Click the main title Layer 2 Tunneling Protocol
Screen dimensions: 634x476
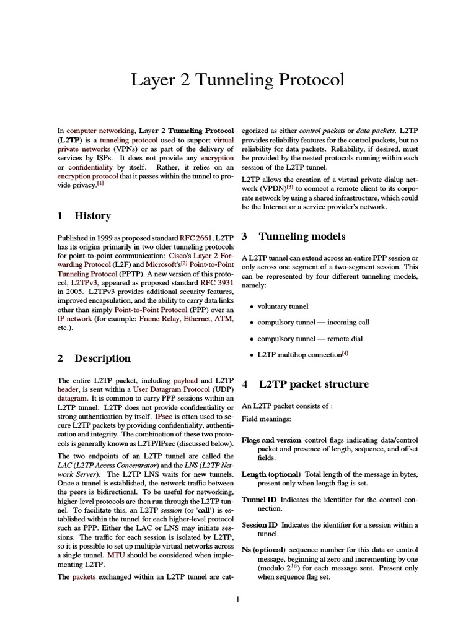[237, 80]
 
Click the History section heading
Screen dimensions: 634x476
[92, 216]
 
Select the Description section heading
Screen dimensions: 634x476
[102, 358]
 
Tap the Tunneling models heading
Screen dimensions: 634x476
[302, 237]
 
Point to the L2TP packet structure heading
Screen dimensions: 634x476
[314, 384]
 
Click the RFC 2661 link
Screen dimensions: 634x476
[196, 238]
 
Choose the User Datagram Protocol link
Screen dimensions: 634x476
[180, 389]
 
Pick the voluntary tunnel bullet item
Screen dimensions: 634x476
[283, 306]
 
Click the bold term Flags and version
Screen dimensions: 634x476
[271, 440]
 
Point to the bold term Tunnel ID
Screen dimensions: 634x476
[260, 498]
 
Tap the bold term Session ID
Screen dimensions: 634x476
[260, 524]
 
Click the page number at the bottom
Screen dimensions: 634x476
[237, 599]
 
